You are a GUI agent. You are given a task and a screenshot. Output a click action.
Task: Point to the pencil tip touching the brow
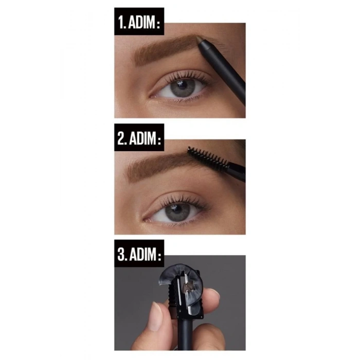coord(201,47)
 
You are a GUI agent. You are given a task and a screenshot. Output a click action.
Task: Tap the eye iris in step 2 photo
coord(177,211)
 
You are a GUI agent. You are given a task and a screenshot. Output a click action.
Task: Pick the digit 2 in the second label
coord(120,139)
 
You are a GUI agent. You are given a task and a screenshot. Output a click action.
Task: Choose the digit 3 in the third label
coord(120,256)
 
